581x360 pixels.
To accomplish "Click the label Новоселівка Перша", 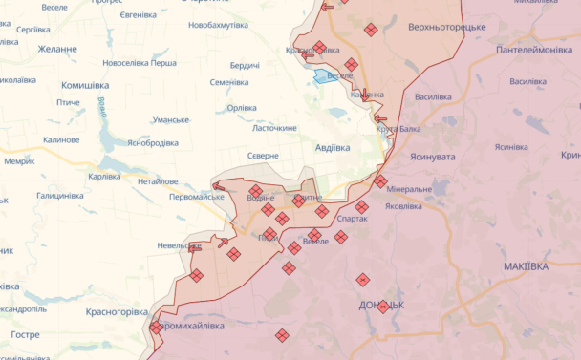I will pyautogui.click(x=140, y=63).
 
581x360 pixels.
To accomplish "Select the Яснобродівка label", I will pyautogui.click(x=140, y=143).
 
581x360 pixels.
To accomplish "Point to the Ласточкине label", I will pyautogui.click(x=274, y=128).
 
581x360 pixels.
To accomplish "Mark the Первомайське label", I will pyautogui.click(x=195, y=197).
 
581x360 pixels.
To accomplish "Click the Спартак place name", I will pyautogui.click(x=352, y=220).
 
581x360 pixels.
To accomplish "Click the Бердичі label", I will pyautogui.click(x=245, y=65).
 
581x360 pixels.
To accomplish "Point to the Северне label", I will pyautogui.click(x=262, y=155).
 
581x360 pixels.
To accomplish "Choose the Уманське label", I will pyautogui.click(x=171, y=119).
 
